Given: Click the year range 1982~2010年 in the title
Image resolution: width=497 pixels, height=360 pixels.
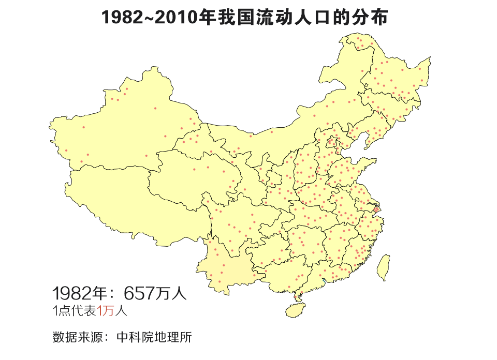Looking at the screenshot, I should [151, 18].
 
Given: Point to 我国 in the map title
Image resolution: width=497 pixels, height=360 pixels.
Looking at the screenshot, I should [237, 18].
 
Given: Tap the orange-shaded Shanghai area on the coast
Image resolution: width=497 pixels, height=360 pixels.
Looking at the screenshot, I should [376, 210].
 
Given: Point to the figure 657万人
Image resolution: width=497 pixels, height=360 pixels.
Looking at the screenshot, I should [154, 294].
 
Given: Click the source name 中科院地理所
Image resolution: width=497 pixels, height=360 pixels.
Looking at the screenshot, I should [154, 338].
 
